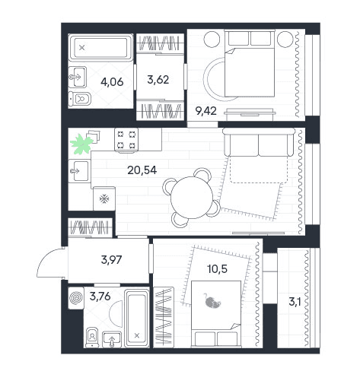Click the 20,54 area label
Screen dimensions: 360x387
click(x=142, y=170)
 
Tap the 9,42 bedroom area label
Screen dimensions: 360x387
click(x=206, y=111)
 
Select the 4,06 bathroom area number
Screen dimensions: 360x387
click(x=112, y=82)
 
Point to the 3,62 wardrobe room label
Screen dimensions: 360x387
click(x=158, y=80)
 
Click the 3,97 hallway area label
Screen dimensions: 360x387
click(x=111, y=260)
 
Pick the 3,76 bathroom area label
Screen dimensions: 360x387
click(x=100, y=296)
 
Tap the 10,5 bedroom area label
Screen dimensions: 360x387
click(x=217, y=269)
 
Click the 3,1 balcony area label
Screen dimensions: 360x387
click(x=295, y=302)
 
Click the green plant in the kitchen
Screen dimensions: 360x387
click(x=81, y=144)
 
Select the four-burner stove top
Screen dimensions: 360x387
click(x=126, y=140)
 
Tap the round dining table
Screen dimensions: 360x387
click(x=192, y=198)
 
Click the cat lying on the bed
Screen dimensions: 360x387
click(x=212, y=301)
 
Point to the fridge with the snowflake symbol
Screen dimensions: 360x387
click(x=104, y=198)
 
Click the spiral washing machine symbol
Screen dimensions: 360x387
click(x=76, y=298)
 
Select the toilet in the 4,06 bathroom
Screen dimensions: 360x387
click(x=80, y=99)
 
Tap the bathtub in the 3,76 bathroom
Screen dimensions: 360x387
click(x=137, y=319)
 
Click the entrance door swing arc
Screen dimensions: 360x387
click(x=43, y=259)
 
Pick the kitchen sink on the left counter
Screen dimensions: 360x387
click(x=79, y=171)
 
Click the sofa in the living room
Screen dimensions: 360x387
click(x=259, y=142)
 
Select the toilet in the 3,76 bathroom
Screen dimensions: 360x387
click(x=92, y=337)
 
